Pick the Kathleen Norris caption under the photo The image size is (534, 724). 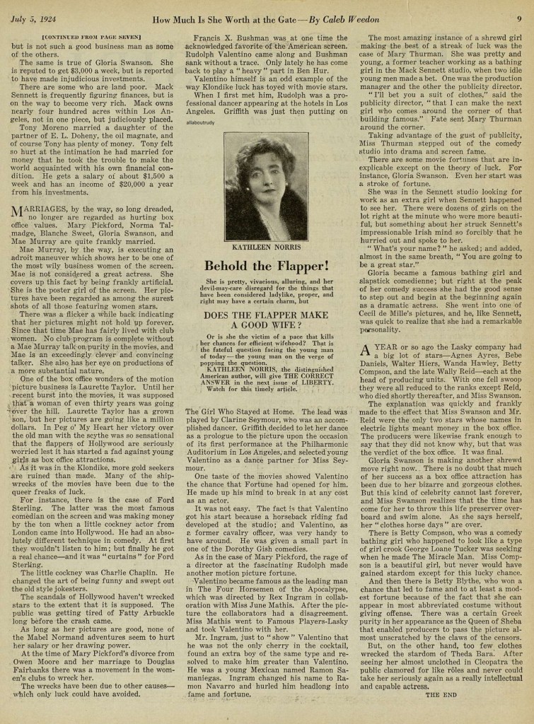pos(266,248)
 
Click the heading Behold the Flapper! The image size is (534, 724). pos(266,266)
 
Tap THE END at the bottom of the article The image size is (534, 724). pos(441,694)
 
